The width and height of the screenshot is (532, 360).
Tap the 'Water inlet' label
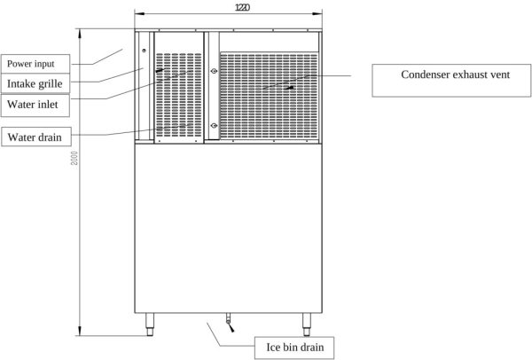pyautogui.click(x=31, y=104)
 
